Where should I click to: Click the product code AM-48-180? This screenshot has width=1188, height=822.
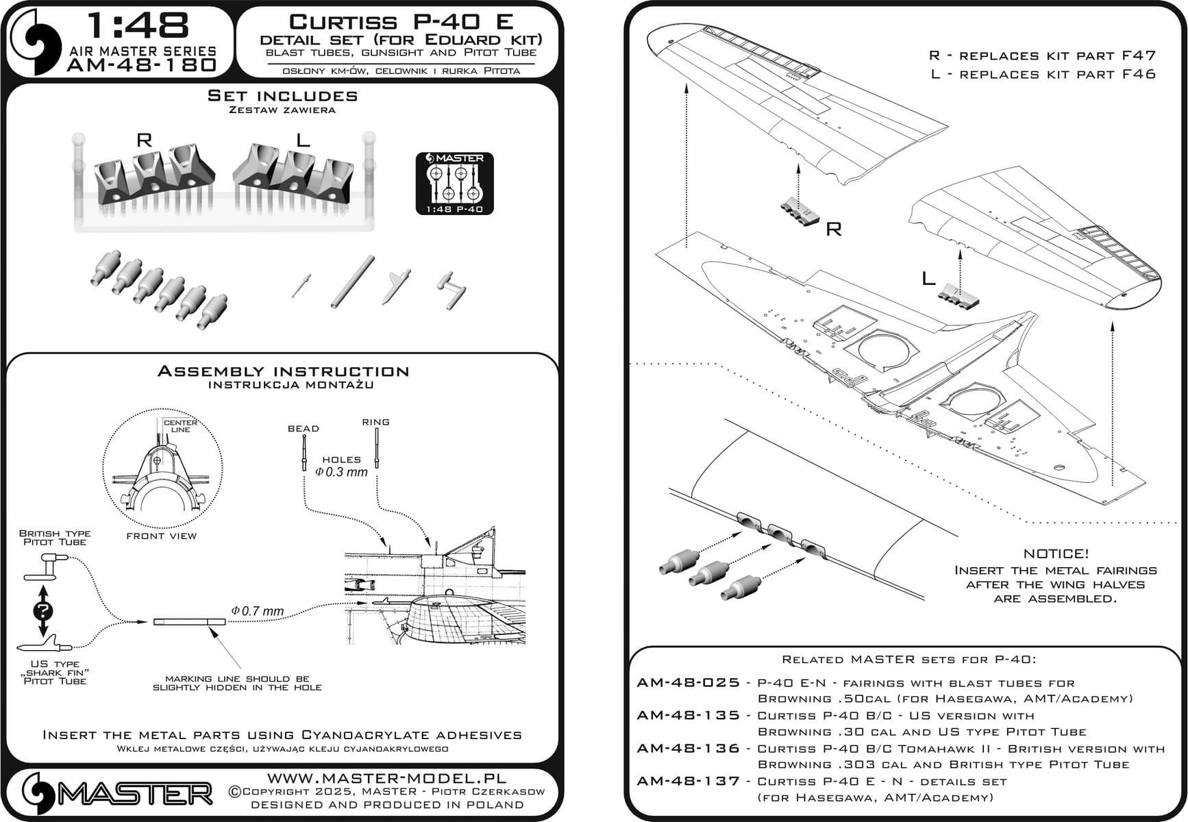click(143, 65)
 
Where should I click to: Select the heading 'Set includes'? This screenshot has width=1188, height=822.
click(282, 96)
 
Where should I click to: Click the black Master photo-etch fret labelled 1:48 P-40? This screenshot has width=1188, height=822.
click(454, 184)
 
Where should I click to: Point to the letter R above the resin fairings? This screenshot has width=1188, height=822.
click(144, 140)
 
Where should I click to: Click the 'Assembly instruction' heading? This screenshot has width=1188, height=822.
click(283, 371)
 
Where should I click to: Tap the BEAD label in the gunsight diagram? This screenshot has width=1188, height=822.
click(304, 429)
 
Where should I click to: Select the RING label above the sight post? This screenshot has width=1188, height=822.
click(376, 422)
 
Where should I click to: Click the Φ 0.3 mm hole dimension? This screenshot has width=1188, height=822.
click(341, 472)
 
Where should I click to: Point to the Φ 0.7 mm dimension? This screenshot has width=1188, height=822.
click(258, 611)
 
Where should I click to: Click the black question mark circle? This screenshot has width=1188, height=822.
click(42, 611)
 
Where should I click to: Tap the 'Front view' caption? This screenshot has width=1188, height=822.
click(162, 536)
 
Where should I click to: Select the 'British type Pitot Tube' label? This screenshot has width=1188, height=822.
click(55, 538)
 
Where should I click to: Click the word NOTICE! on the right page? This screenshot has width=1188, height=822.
click(1056, 553)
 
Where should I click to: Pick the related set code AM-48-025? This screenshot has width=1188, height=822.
click(689, 683)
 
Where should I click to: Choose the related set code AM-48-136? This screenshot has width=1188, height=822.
click(689, 749)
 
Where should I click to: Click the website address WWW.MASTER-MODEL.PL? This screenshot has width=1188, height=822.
click(386, 778)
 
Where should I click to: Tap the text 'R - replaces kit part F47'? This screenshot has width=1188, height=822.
click(1042, 55)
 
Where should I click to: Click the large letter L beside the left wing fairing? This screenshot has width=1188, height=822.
click(928, 278)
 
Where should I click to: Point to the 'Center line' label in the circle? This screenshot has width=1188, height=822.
click(180, 426)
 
